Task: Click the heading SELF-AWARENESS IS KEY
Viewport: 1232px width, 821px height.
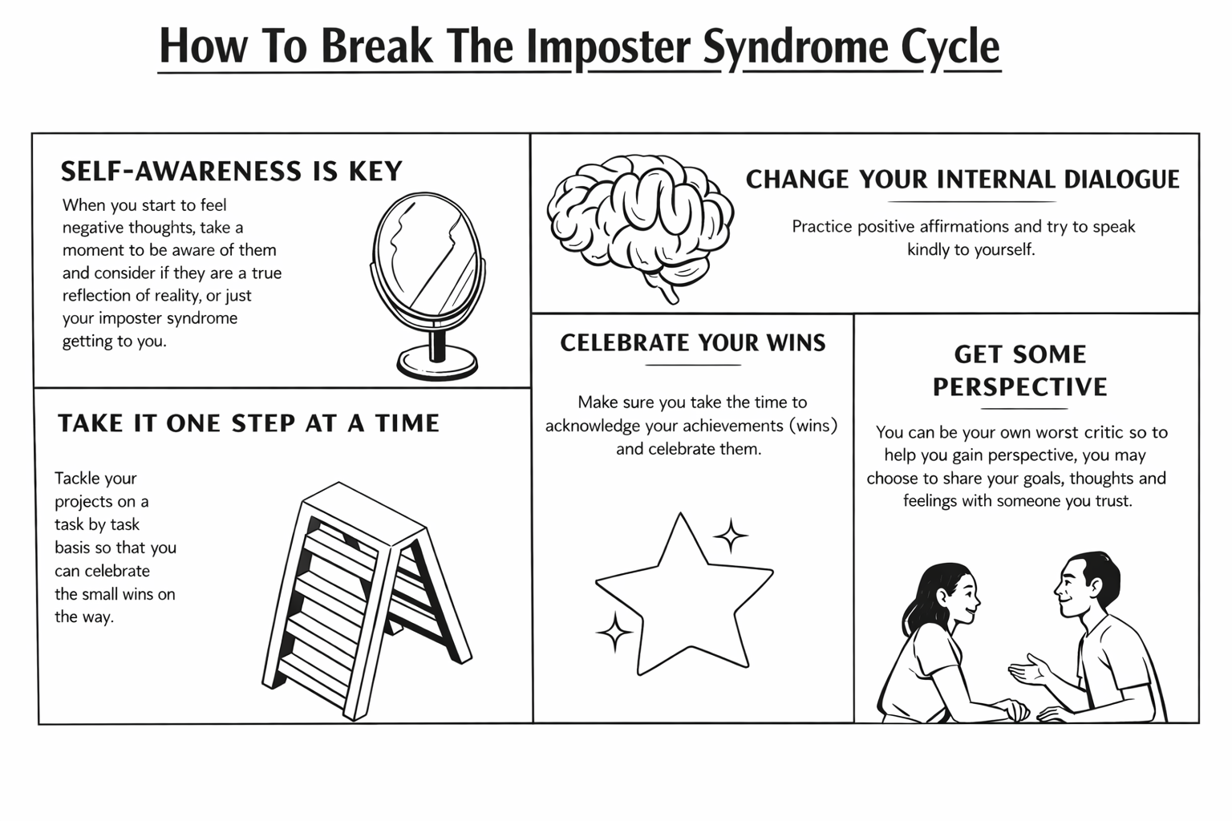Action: click(231, 171)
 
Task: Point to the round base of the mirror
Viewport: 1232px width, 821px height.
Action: click(437, 363)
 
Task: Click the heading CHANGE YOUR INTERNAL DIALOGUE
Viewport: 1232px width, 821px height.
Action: click(962, 179)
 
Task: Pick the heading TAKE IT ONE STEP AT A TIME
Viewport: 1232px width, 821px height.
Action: click(249, 423)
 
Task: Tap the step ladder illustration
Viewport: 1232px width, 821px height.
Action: click(365, 597)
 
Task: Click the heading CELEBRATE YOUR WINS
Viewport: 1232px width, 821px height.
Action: click(693, 343)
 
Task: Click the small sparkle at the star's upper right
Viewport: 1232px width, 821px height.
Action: click(731, 536)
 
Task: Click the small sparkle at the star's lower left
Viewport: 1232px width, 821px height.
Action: click(614, 632)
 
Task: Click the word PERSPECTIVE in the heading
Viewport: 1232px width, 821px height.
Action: click(1019, 387)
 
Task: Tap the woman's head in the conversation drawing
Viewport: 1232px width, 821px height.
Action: click(950, 593)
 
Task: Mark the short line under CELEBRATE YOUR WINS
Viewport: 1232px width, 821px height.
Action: click(693, 365)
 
